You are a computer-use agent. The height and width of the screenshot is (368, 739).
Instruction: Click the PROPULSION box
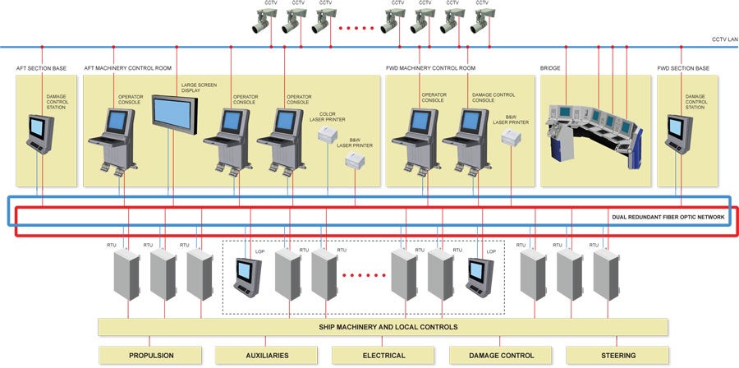click(150, 356)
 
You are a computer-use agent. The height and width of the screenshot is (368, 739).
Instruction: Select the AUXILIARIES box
click(267, 356)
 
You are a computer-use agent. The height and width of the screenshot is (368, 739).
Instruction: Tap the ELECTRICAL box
click(383, 356)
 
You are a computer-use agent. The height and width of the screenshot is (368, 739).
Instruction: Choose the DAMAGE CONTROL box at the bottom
click(500, 356)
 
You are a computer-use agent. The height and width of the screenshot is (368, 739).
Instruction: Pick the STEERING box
click(617, 356)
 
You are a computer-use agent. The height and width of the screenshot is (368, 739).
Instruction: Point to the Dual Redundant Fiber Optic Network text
click(668, 217)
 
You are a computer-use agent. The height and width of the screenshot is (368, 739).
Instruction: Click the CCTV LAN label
click(724, 39)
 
